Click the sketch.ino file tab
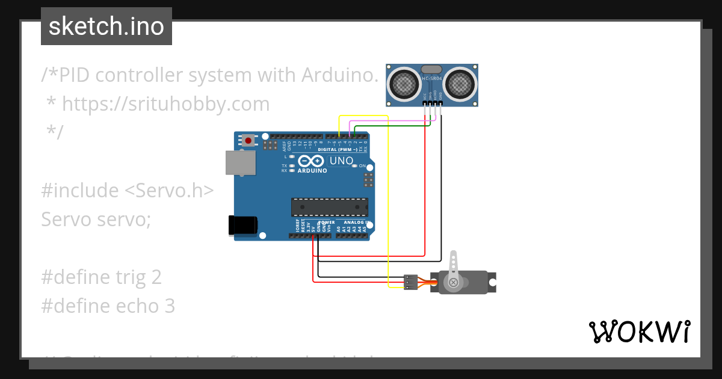tap(106, 26)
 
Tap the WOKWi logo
tap(639, 331)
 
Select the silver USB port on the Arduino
tap(239, 162)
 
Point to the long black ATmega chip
tap(329, 206)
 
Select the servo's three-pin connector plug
tap(411, 282)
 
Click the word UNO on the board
tap(341, 161)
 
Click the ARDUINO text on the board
tap(312, 171)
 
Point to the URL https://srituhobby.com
tap(165, 104)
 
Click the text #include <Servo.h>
tap(127, 191)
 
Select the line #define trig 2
tap(102, 277)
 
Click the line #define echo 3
tap(108, 306)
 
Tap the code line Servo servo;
tap(96, 220)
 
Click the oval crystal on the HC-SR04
tap(432, 70)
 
